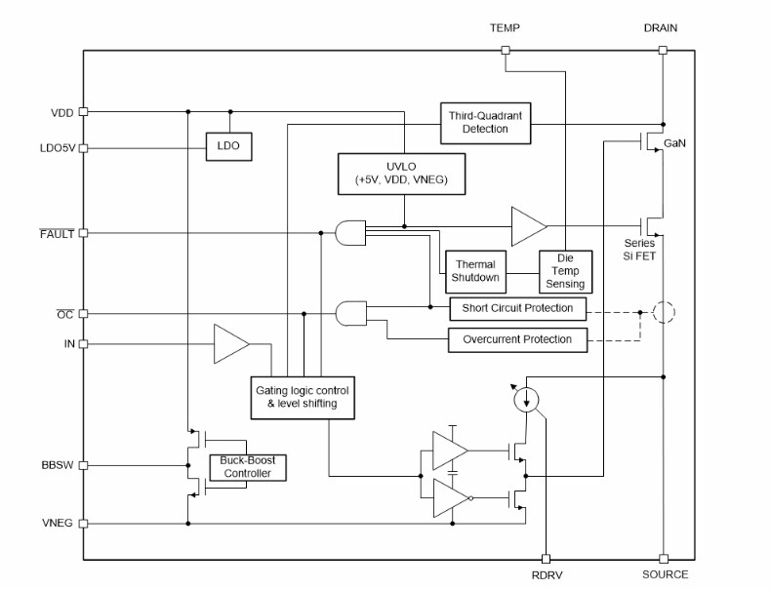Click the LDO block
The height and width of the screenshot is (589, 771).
pyautogui.click(x=228, y=147)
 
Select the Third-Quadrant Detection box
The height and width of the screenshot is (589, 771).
pyautogui.click(x=485, y=122)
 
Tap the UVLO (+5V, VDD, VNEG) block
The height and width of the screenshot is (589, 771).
pyautogui.click(x=402, y=173)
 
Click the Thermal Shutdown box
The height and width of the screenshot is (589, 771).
pyautogui.click(x=475, y=271)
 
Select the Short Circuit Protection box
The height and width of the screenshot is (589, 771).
pyautogui.click(x=518, y=309)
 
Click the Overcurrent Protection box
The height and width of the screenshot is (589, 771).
pyautogui.click(x=518, y=339)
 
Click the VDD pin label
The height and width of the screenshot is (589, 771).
pyautogui.click(x=62, y=112)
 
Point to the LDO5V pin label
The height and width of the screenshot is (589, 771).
pyautogui.click(x=56, y=148)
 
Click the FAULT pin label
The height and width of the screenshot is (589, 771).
pyautogui.click(x=56, y=234)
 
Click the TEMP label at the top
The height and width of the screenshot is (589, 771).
pyautogui.click(x=505, y=28)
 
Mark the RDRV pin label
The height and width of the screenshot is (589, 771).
pyautogui.click(x=547, y=574)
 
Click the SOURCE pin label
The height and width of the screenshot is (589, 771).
pyautogui.click(x=665, y=574)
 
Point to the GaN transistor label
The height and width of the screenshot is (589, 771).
pyautogui.click(x=674, y=143)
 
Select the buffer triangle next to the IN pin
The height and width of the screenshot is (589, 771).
pyautogui.click(x=231, y=344)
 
